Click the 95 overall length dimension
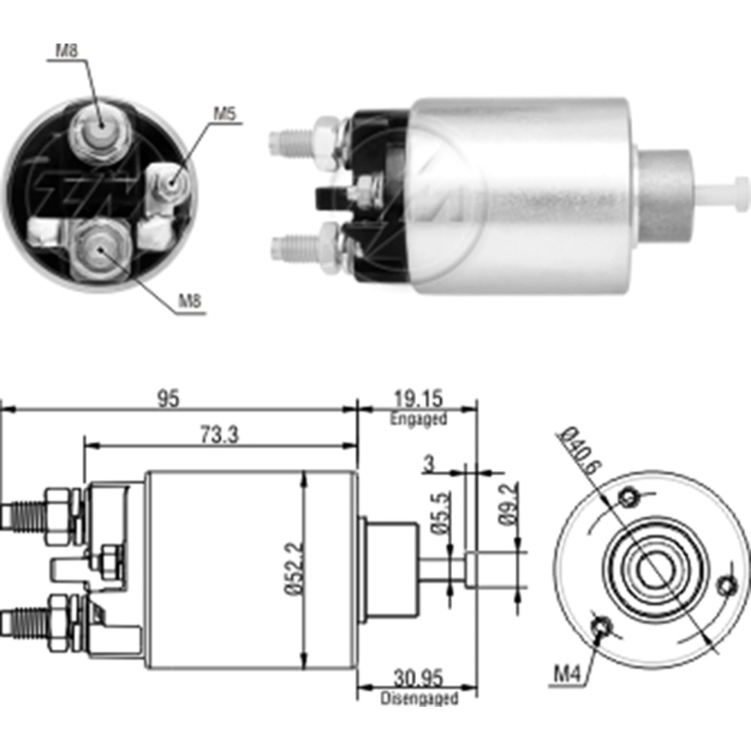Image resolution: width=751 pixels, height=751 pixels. [168, 399]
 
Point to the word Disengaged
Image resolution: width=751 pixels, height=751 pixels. [418, 698]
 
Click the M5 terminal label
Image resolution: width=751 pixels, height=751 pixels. [225, 113]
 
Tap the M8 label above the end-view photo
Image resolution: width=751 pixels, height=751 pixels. [67, 52]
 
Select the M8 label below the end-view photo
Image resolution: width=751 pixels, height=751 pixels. [189, 303]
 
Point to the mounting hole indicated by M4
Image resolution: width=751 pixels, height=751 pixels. [602, 628]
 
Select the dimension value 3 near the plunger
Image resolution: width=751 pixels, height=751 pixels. [429, 463]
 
